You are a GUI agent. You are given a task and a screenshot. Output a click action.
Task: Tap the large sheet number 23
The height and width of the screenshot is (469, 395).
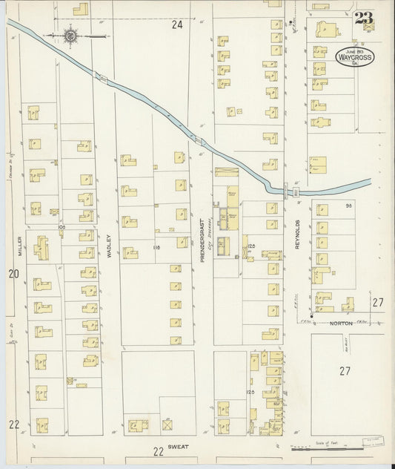(363, 19)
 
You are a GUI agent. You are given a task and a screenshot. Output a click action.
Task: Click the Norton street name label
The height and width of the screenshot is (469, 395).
(341, 322)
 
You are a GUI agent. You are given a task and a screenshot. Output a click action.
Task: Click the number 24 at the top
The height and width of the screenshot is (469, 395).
(177, 24)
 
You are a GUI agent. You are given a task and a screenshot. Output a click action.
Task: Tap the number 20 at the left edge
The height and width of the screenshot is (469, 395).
(13, 275)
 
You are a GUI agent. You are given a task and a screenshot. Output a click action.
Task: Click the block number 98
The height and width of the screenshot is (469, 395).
(345, 206)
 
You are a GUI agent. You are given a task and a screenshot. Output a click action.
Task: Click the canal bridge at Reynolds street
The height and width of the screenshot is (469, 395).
(296, 191)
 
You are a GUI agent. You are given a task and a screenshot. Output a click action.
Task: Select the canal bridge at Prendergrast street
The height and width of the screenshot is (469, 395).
(198, 139)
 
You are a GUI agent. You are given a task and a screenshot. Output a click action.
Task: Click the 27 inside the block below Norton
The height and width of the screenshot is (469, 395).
(344, 370)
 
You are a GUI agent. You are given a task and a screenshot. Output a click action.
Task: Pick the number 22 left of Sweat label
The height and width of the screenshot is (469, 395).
(156, 451)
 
